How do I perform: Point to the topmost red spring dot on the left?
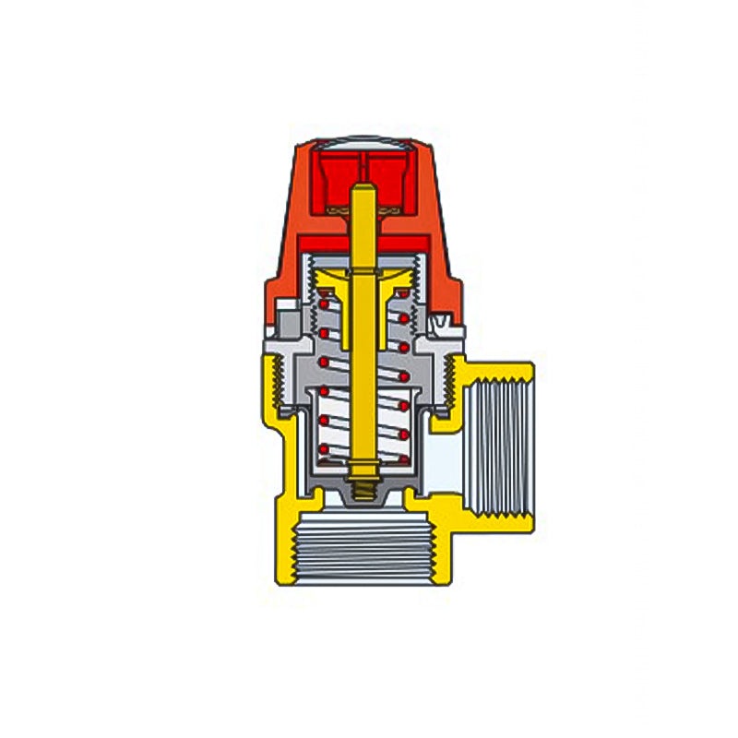click(325, 299)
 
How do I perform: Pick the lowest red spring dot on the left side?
click(324, 450)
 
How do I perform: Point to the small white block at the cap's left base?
click(289, 305)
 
